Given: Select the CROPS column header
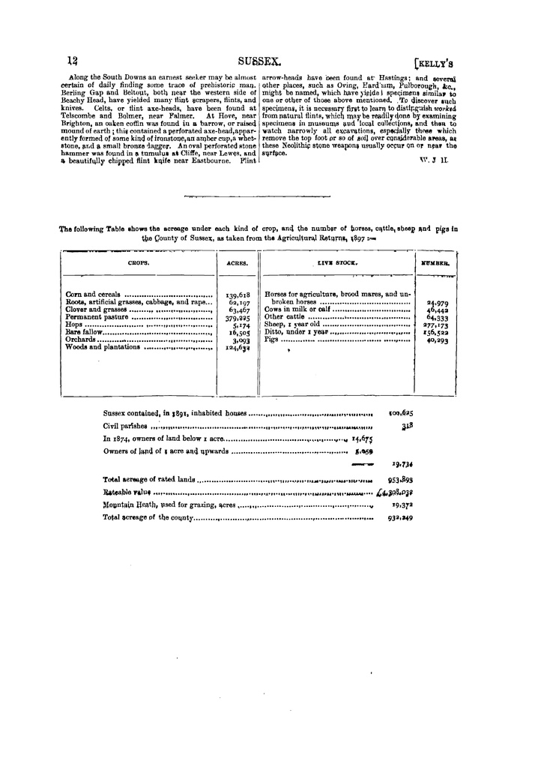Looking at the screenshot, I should tap(139, 263).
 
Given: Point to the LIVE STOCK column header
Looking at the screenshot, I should tap(338, 263).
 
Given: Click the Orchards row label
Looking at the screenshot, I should tap(82, 340).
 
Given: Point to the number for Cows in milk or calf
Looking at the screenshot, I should tap(437, 310).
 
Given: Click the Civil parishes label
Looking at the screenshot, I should tap(121, 426).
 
